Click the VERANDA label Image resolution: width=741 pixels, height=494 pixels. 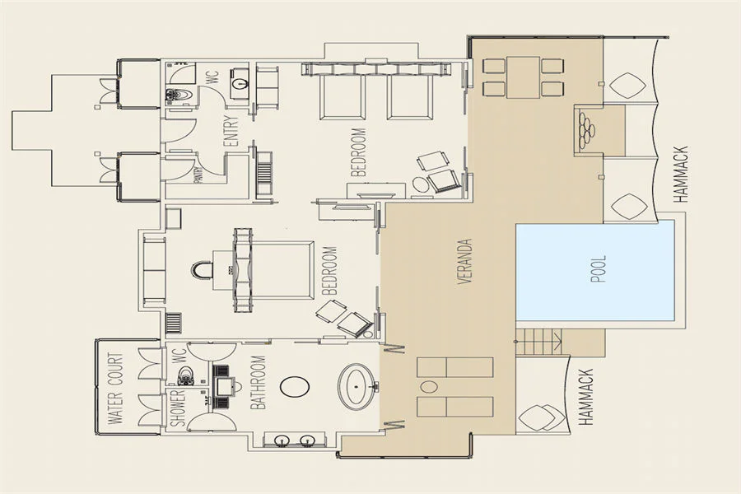pyautogui.click(x=465, y=261)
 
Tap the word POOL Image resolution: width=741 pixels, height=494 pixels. pyautogui.click(x=599, y=269)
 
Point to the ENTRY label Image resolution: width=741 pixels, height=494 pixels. pyautogui.click(x=231, y=132)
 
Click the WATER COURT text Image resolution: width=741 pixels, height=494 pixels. pyautogui.click(x=115, y=388)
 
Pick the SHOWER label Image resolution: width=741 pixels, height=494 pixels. pyautogui.click(x=177, y=408)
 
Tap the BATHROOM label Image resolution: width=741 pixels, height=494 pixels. pyautogui.click(x=258, y=382)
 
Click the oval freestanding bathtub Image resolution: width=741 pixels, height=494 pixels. pyautogui.click(x=357, y=387)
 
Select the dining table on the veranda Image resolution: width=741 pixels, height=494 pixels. pyautogui.click(x=523, y=77)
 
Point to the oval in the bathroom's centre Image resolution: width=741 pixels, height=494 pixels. pyautogui.click(x=295, y=386)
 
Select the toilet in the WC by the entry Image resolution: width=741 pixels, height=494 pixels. pyautogui.click(x=180, y=95)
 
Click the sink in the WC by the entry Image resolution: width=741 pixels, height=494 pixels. pyautogui.click(x=241, y=84)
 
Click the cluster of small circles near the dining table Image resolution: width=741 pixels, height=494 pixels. pyautogui.click(x=586, y=128)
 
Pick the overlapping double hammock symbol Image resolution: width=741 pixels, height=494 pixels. pyautogui.click(x=542, y=418)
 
